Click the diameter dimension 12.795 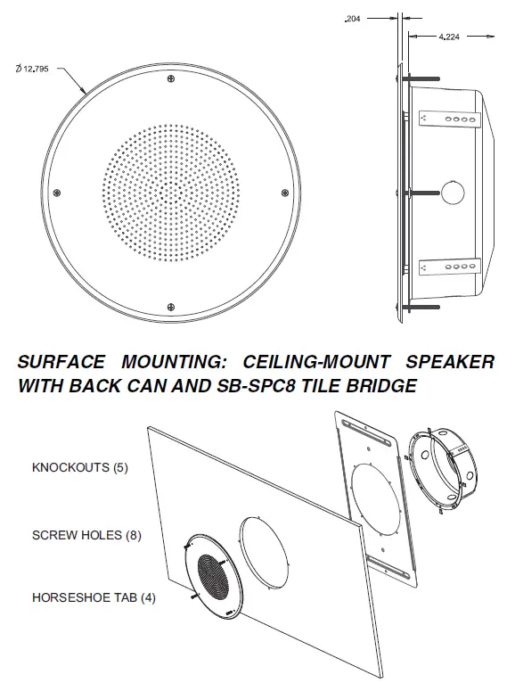(x=37, y=69)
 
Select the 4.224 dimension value (x=448, y=37)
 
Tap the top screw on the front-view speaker (x=170, y=80)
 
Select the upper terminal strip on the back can (x=450, y=118)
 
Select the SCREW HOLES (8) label (x=86, y=536)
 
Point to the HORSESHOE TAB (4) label (x=94, y=597)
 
